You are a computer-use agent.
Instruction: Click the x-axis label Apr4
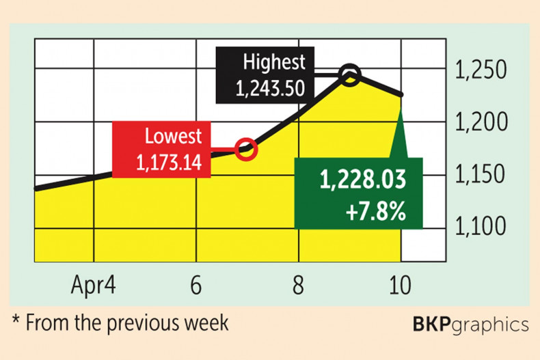[94, 285]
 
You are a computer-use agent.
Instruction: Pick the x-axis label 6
[196, 285]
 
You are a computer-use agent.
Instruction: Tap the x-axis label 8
[298, 285]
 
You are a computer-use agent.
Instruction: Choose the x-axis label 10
[400, 285]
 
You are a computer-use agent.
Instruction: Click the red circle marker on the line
[246, 148]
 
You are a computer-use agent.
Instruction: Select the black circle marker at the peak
[349, 74]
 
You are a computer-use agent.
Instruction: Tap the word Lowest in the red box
[173, 136]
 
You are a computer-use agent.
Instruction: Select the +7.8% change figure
[377, 209]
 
